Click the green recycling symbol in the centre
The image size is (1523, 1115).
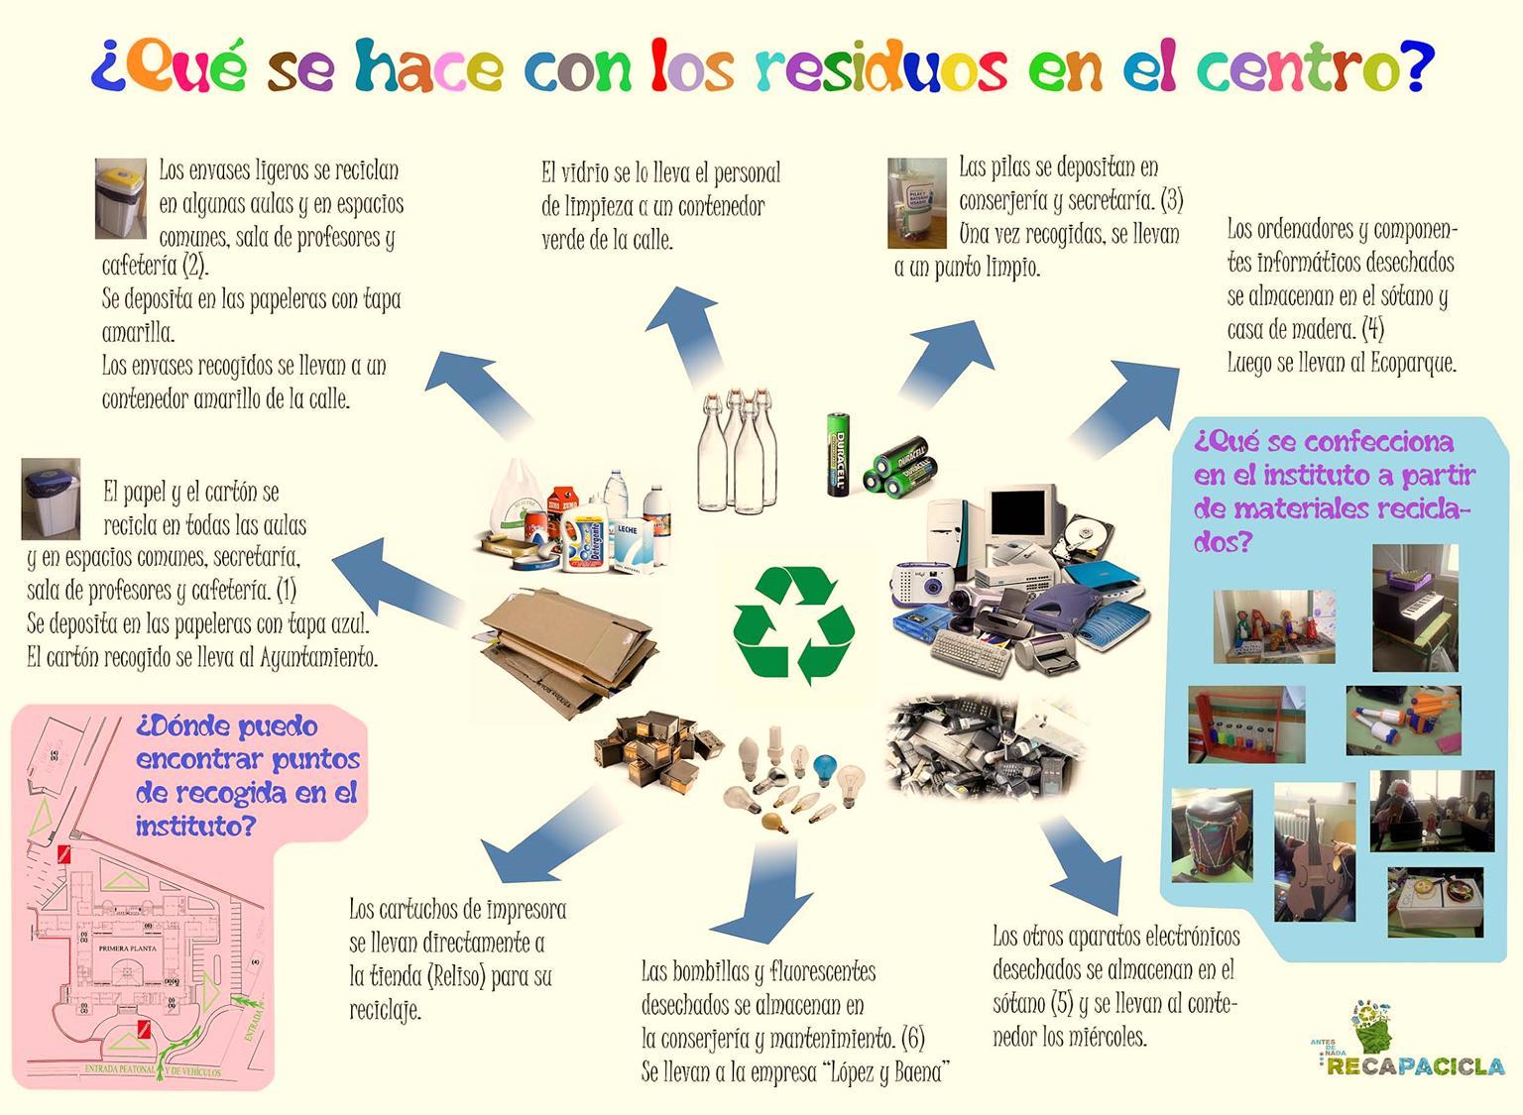click(793, 624)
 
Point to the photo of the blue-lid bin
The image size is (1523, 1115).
click(50, 498)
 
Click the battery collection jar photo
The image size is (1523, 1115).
click(916, 202)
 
